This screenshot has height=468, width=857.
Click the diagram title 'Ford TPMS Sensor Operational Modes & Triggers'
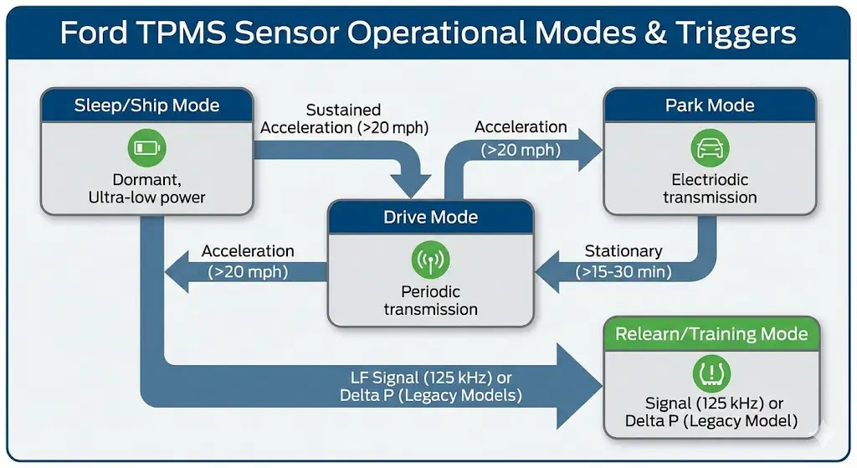point(428,33)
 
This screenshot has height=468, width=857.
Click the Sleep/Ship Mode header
point(146,105)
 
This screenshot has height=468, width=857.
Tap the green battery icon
point(146,148)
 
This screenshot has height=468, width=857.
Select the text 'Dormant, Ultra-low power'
point(146,188)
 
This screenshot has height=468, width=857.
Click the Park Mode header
point(710,105)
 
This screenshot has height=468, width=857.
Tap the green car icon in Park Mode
point(710,148)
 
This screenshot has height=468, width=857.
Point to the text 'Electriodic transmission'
point(710,188)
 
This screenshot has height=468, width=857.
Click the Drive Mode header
point(430,217)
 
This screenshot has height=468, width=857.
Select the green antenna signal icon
point(430,260)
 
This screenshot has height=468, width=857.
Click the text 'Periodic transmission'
point(430,301)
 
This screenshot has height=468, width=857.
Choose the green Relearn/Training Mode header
point(711,335)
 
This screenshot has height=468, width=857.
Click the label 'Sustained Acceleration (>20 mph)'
point(344,119)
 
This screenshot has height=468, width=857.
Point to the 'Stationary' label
point(624,251)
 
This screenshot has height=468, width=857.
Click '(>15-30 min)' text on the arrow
point(624,271)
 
